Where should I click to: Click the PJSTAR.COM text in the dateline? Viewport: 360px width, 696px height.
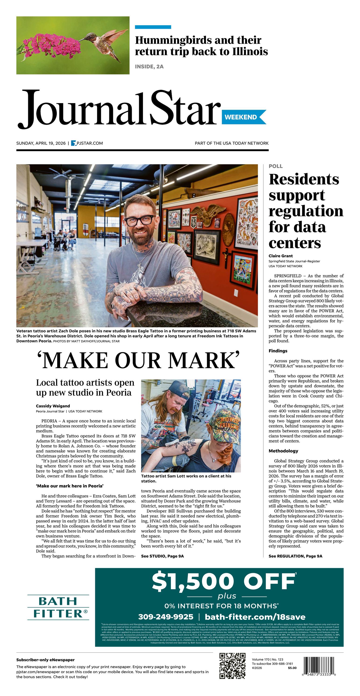pyautogui.click(x=90, y=143)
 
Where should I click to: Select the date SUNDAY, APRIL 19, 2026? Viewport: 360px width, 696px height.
pyautogui.click(x=41, y=143)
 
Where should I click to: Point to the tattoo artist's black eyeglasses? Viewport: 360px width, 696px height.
pyautogui.click(x=139, y=221)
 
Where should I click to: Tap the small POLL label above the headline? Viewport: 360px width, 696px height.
pyautogui.click(x=275, y=166)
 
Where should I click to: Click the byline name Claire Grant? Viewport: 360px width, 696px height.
pyautogui.click(x=281, y=256)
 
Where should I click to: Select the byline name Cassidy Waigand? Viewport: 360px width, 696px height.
pyautogui.click(x=53, y=406)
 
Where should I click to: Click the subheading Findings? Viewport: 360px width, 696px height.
pyautogui.click(x=278, y=351)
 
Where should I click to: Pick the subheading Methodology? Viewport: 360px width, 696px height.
pyautogui.click(x=283, y=451)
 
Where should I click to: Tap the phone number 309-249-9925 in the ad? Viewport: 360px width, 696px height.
pyautogui.click(x=166, y=617)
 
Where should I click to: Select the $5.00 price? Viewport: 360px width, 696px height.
pyautogui.click(x=292, y=668)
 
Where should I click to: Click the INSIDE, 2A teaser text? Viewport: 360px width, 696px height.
pyautogui.click(x=149, y=66)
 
